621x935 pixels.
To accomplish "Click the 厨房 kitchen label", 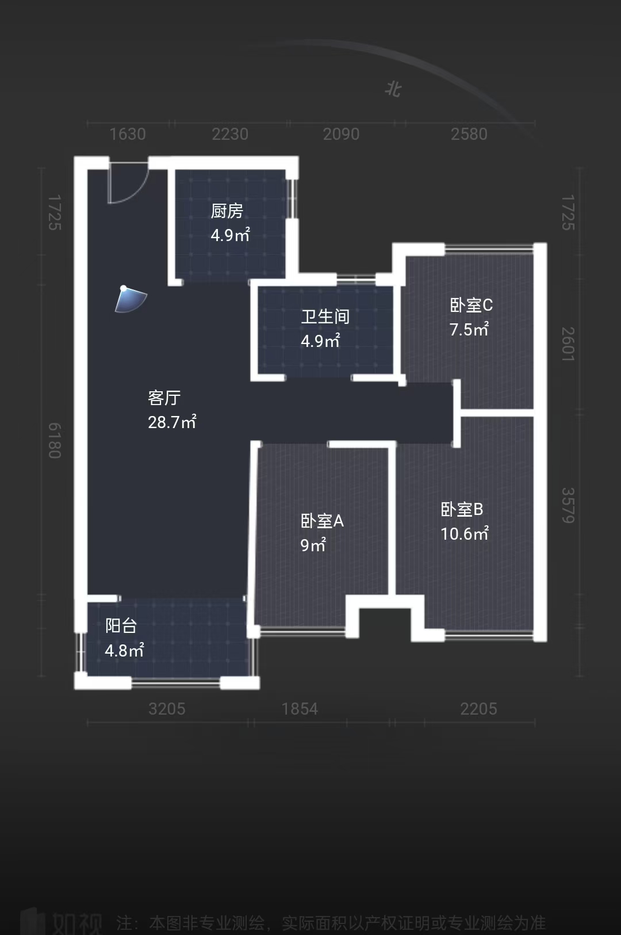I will pyautogui.click(x=227, y=212).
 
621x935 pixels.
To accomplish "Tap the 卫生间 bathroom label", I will pyautogui.click(x=325, y=316).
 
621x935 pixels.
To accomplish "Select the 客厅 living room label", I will pyautogui.click(x=164, y=398).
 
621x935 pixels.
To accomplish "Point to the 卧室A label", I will pyautogui.click(x=322, y=521).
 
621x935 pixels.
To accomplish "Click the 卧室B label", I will pyautogui.click(x=462, y=509).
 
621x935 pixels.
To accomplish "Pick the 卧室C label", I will pyautogui.click(x=471, y=305).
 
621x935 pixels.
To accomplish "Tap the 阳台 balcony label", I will pyautogui.click(x=121, y=625).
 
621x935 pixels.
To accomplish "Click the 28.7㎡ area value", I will pyautogui.click(x=172, y=422).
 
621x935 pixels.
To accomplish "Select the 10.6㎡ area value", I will pyautogui.click(x=465, y=534).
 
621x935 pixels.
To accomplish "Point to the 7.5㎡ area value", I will pyautogui.click(x=469, y=330).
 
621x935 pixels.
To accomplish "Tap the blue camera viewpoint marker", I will pyautogui.click(x=131, y=299).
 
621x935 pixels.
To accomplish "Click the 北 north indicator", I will pyautogui.click(x=393, y=89).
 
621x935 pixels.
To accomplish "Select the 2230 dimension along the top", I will pyautogui.click(x=230, y=134).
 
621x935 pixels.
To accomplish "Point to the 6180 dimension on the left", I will pyautogui.click(x=54, y=441).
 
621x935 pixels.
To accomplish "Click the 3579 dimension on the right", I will pyautogui.click(x=568, y=505).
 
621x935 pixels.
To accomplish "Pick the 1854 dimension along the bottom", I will pyautogui.click(x=300, y=709).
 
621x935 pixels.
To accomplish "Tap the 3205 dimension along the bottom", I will pyautogui.click(x=167, y=709).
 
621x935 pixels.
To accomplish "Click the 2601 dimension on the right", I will pyautogui.click(x=568, y=344).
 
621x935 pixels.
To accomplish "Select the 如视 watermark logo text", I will pyautogui.click(x=77, y=922).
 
